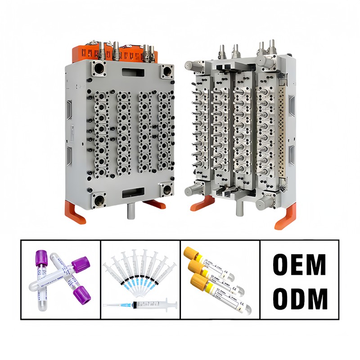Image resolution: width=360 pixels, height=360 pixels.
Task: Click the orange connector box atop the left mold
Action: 112,53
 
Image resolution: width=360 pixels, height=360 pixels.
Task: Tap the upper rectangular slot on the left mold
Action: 132,71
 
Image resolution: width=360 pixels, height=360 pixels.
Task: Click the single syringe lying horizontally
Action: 139,305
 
